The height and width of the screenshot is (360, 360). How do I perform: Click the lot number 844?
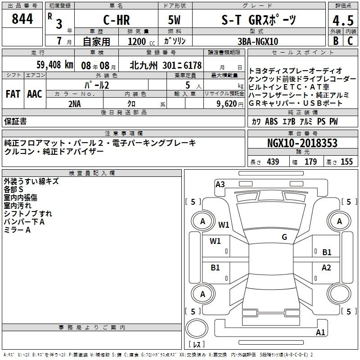(x=22, y=19)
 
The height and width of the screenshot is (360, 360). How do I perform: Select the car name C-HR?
(x=117, y=20)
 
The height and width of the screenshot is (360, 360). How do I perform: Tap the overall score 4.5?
(x=343, y=21)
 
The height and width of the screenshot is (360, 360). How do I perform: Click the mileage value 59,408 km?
(x=55, y=65)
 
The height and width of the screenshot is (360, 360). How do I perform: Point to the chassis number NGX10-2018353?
(x=302, y=143)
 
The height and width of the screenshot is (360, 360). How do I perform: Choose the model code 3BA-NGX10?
(x=257, y=41)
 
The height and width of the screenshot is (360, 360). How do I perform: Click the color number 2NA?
(x=75, y=104)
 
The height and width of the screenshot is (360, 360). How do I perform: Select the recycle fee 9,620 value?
(x=226, y=104)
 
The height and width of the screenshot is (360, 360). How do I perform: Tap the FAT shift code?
(x=13, y=94)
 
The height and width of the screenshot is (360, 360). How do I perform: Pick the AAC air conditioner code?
(x=35, y=94)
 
